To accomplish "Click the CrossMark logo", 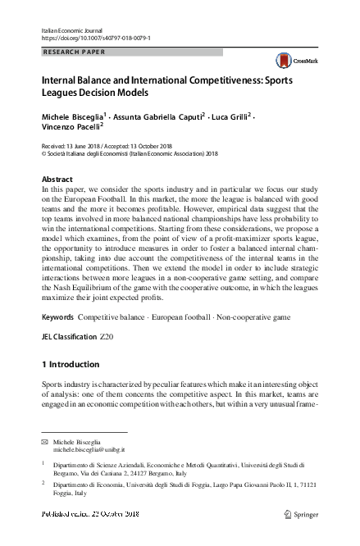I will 292,59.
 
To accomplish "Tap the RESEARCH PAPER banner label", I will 73,52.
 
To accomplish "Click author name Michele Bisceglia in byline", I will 71,117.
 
